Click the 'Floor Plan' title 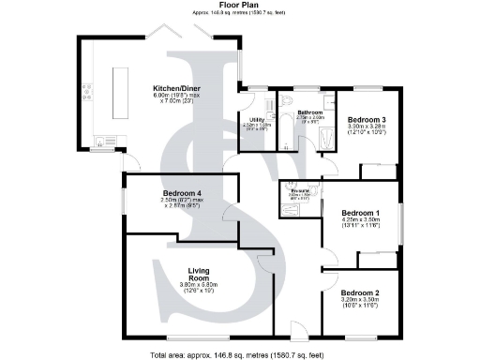[239, 5]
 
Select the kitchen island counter [122, 91]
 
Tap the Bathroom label [310, 112]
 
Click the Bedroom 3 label [367, 120]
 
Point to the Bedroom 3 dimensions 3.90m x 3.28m [367, 129]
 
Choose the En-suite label [300, 190]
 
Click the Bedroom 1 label [360, 212]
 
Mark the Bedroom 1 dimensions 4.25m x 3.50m [360, 221]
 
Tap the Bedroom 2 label [360, 292]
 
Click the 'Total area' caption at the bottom [239, 354]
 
